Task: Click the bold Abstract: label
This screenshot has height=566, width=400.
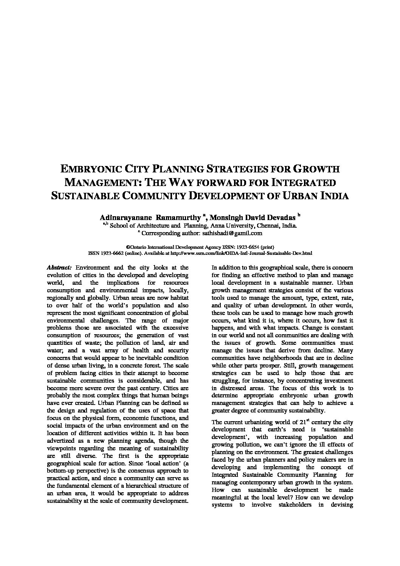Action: [x=59, y=268]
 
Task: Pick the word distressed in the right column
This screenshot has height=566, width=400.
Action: [x=234, y=388]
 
